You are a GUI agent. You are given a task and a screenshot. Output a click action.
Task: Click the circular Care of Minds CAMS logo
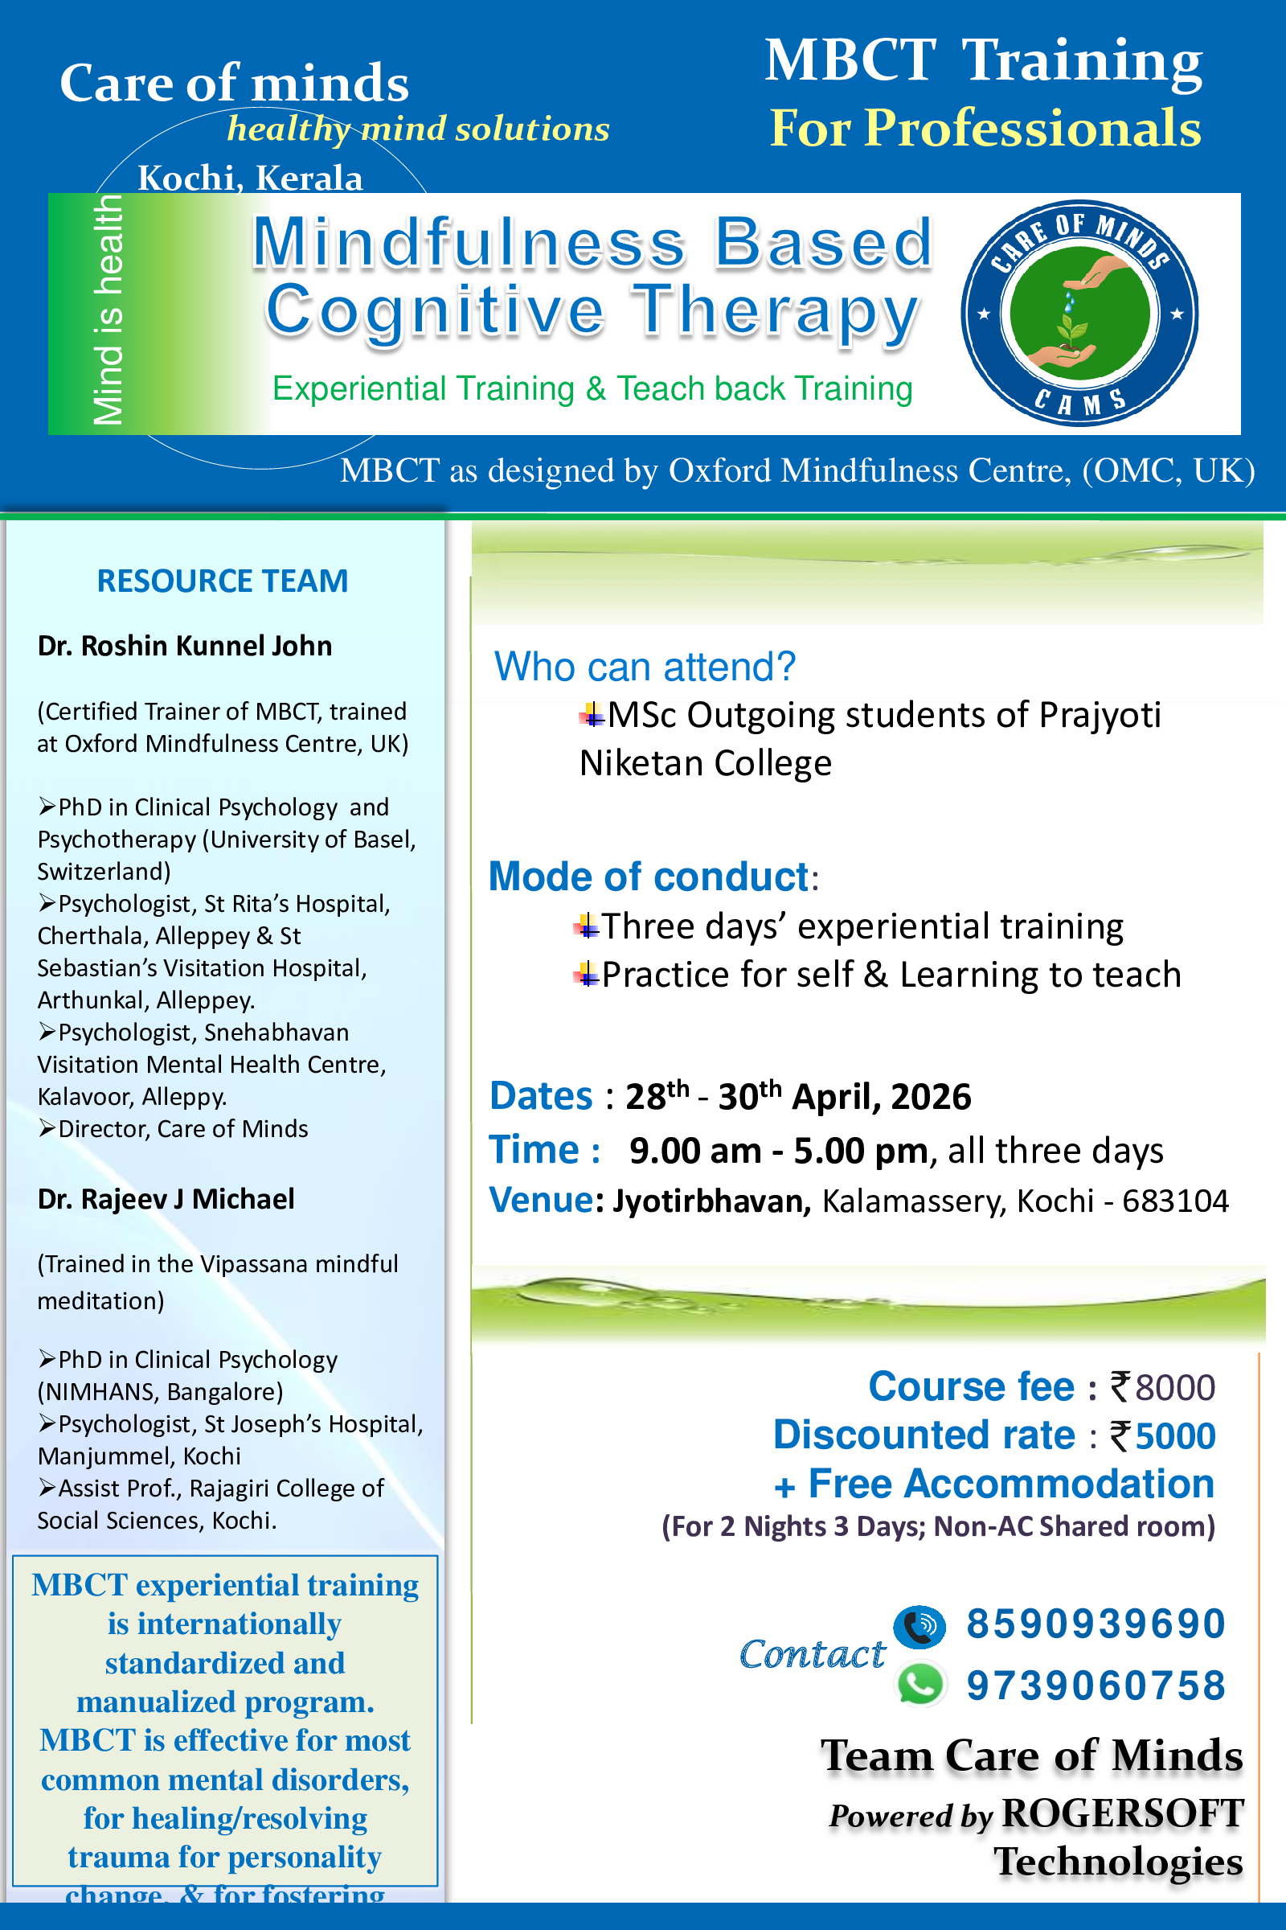coord(1079,313)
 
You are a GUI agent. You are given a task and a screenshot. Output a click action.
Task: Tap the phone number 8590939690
coord(1096,1624)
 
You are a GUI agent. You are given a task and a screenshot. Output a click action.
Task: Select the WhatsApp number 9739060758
coord(1096,1686)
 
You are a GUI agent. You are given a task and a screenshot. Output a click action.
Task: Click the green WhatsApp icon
coord(920,1685)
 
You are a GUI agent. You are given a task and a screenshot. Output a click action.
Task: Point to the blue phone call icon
coord(919,1625)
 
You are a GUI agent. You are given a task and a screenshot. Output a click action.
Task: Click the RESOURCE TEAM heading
coord(223,581)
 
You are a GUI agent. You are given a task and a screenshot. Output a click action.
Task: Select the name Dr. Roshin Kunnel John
coord(185,646)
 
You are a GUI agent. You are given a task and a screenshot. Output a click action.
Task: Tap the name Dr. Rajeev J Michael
coord(166,1199)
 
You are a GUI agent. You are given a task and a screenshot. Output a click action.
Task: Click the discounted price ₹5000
coord(1163,1436)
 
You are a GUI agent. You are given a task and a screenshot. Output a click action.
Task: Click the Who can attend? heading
coord(645,667)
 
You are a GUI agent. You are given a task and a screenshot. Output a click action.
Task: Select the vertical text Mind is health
coord(108,312)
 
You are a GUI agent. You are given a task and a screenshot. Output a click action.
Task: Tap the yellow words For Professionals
coord(985,128)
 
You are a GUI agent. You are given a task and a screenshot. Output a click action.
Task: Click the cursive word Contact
coord(812,1653)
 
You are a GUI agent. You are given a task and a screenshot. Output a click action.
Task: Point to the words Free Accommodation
coord(1010,1484)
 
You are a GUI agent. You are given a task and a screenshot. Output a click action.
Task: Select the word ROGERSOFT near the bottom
coord(1123,1813)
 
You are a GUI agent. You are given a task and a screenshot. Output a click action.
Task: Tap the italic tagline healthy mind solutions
coord(418,129)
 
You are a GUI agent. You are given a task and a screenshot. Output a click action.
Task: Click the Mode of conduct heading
coord(649,877)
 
